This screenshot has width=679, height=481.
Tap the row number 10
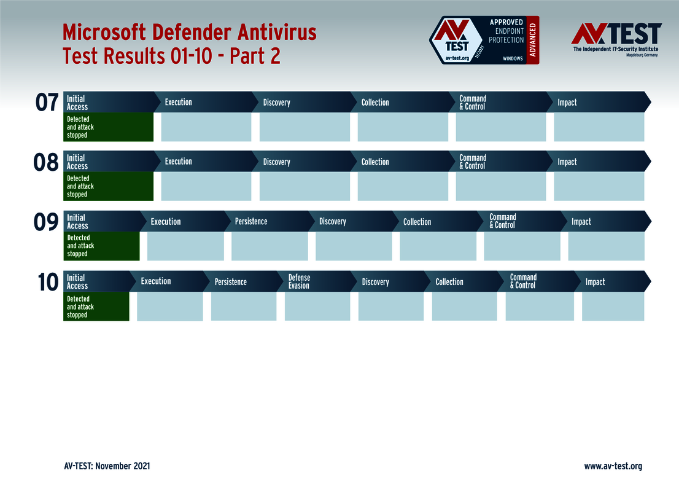point(47,283)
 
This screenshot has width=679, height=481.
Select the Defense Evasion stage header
point(300,281)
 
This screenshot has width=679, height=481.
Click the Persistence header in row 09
point(251,221)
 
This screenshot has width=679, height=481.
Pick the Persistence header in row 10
point(231,282)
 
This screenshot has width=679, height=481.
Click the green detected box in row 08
point(108,186)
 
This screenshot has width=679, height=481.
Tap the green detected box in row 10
point(96,307)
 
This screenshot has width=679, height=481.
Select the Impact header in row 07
point(567,103)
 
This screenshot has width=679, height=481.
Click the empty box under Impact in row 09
point(606,246)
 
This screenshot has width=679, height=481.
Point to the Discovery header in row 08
point(277,162)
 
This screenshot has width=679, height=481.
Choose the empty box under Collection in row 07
point(403,127)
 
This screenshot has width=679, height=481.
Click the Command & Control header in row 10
point(523,281)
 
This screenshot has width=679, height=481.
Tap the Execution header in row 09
point(166,221)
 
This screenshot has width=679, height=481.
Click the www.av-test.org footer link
point(613,466)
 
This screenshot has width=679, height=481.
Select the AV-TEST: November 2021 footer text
point(107,466)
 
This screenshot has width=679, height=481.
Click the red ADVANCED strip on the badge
point(532,41)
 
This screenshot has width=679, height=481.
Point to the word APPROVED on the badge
point(506,22)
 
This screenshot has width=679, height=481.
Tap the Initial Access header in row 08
point(77,162)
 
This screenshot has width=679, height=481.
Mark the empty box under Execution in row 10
point(169,307)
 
